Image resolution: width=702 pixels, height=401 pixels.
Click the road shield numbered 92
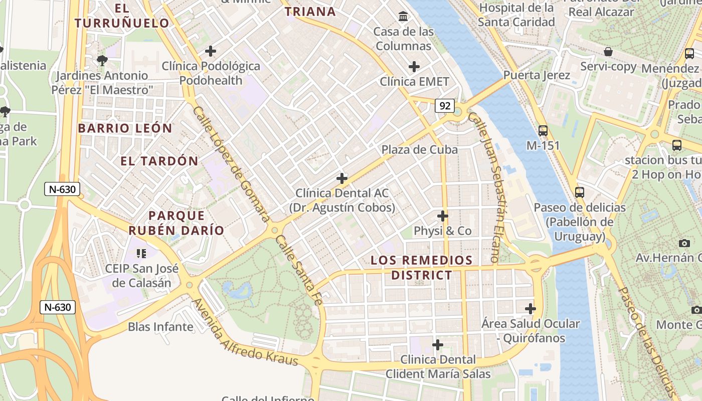(x=445, y=106)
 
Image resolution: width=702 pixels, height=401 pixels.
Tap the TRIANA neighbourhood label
(x=310, y=12)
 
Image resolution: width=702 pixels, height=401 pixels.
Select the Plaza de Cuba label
(x=420, y=149)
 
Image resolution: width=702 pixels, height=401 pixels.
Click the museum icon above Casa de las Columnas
(x=403, y=17)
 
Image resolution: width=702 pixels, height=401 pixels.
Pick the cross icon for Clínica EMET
(x=414, y=66)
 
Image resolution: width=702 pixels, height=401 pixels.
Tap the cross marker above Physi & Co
(x=443, y=216)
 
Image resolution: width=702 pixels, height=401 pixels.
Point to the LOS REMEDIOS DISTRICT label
(x=421, y=268)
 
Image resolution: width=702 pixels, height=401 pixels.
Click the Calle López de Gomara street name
(x=232, y=163)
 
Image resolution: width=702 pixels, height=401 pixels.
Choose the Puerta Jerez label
(x=537, y=75)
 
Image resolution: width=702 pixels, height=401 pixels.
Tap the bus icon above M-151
(x=543, y=131)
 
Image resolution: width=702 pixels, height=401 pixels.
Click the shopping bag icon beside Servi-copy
(x=608, y=52)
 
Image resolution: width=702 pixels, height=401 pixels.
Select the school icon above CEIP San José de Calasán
(x=141, y=254)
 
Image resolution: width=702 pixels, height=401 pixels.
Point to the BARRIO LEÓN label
(x=125, y=128)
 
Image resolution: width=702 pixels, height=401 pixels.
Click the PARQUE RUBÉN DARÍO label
(x=176, y=223)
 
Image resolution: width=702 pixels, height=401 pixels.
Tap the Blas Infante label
(x=160, y=327)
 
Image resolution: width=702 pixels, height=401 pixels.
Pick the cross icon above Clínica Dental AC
(x=342, y=178)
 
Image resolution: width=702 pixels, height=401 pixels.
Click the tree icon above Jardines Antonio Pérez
(x=102, y=61)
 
